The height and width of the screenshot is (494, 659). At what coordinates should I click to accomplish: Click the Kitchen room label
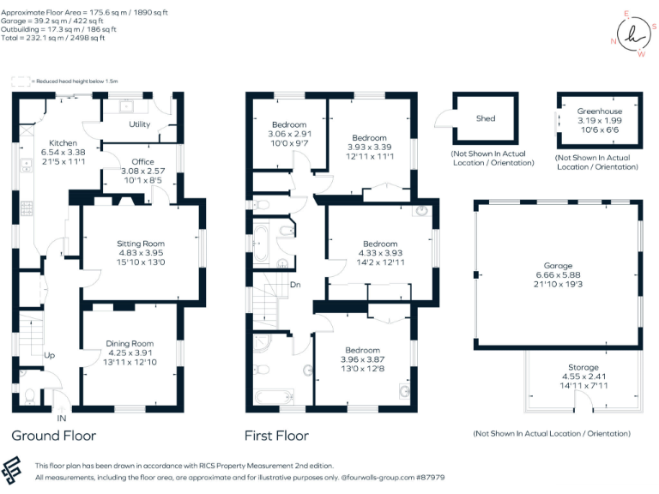click(x=63, y=142)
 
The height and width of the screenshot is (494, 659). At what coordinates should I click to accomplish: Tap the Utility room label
click(x=139, y=125)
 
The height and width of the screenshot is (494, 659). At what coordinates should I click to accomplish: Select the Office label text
click(x=142, y=161)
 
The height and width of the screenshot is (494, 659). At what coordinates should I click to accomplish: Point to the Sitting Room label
click(x=141, y=244)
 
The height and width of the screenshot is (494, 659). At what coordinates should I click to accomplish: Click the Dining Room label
click(x=130, y=344)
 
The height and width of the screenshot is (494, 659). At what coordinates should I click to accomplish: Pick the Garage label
click(x=558, y=266)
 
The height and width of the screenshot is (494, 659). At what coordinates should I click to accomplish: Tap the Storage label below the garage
click(x=583, y=367)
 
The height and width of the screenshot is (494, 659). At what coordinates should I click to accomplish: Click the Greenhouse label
click(x=600, y=111)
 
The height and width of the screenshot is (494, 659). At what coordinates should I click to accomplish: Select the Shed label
click(x=486, y=118)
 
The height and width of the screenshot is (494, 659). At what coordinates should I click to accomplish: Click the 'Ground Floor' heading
click(x=53, y=436)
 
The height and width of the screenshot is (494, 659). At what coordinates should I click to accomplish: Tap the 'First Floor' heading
click(x=276, y=436)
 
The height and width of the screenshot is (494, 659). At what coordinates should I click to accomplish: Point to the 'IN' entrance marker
click(x=62, y=419)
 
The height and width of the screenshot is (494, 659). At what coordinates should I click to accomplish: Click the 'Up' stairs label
click(x=49, y=354)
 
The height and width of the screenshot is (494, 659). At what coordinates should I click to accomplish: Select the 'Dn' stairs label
click(x=295, y=284)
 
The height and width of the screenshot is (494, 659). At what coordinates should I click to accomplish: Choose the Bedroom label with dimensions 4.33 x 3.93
click(x=379, y=244)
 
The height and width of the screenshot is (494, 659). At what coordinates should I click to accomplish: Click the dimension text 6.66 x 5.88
click(x=558, y=275)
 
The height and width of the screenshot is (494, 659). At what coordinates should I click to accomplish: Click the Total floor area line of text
click(x=54, y=38)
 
